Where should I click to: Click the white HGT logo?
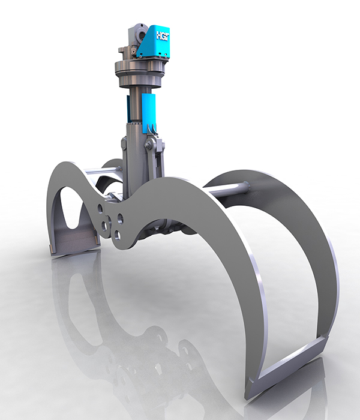coord(163,36)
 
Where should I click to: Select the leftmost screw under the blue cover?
coord(140,57)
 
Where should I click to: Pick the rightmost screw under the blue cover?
coord(166,56)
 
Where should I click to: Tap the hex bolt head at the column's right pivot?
coord(148,145)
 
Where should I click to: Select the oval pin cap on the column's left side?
coord(124,143)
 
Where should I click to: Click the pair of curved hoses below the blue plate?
coord(152,128)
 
